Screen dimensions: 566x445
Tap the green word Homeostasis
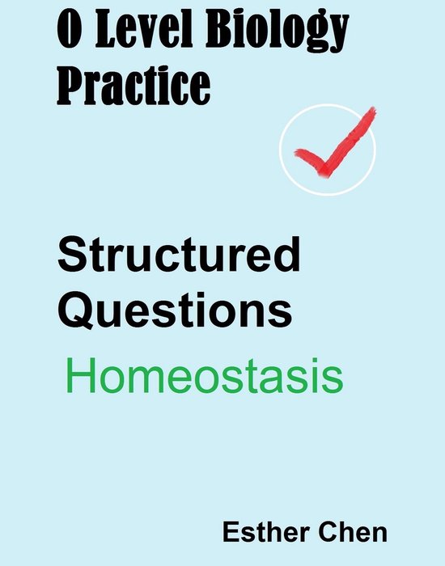(x=204, y=377)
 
